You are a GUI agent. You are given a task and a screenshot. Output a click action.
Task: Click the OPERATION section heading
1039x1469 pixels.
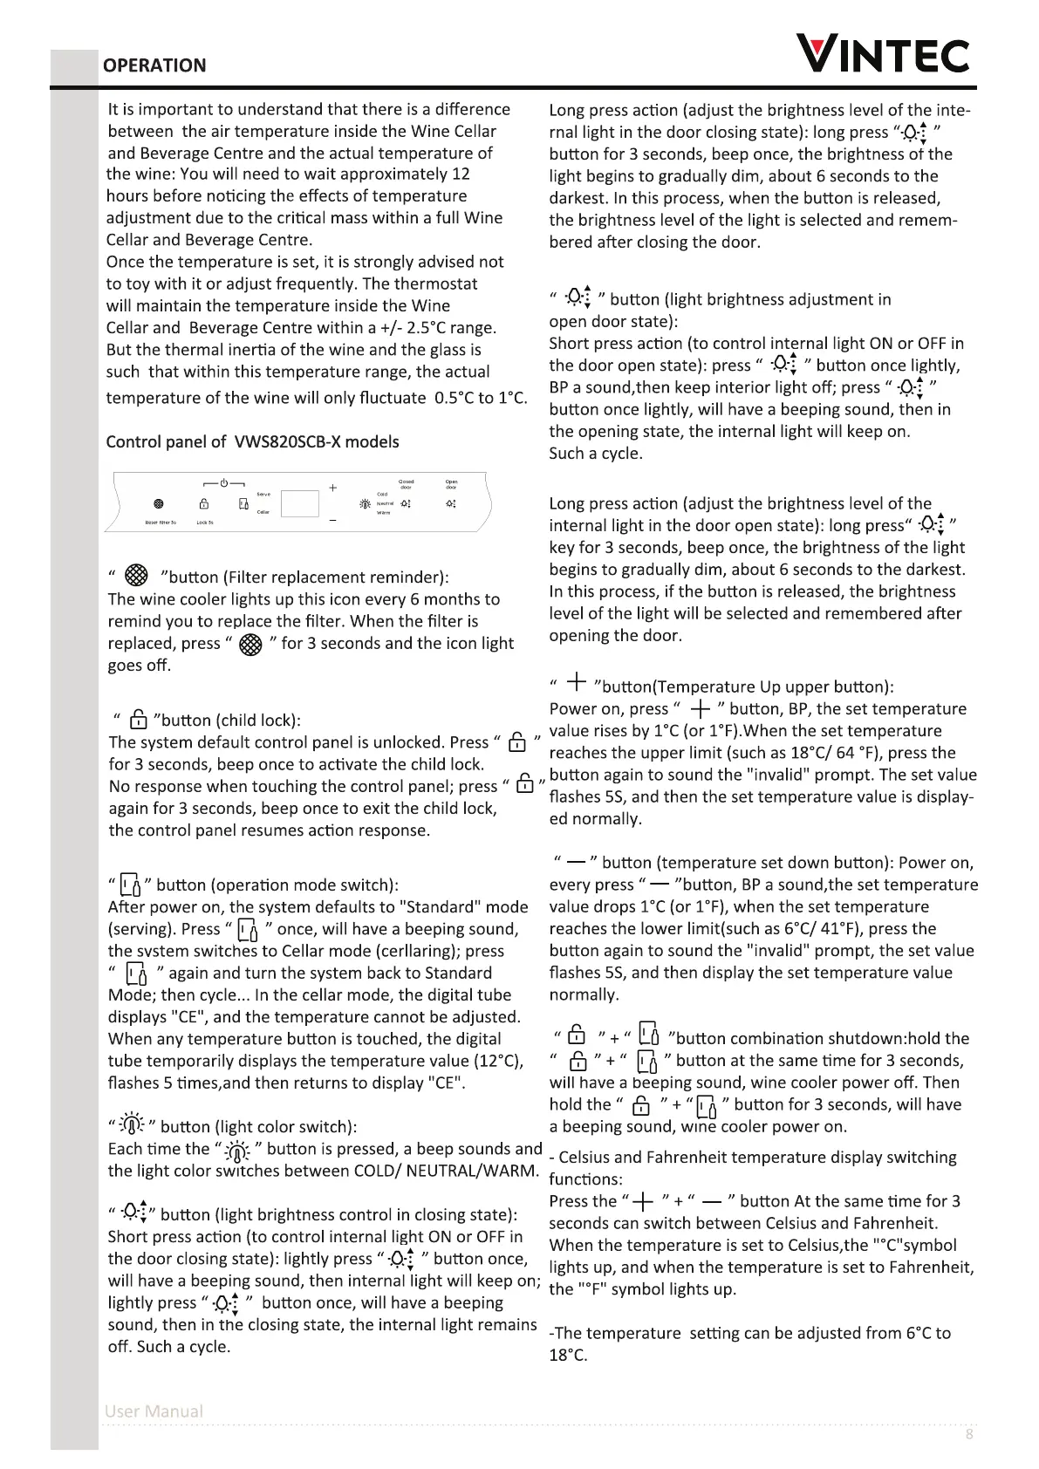pos(154,65)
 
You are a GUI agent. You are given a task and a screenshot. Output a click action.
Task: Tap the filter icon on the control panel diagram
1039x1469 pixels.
pos(158,504)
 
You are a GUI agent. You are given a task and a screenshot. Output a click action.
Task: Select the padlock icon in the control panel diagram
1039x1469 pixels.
pos(204,504)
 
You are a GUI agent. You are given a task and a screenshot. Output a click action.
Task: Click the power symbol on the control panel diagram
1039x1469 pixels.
pos(224,482)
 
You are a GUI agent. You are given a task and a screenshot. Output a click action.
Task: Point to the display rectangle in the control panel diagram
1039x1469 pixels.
pos(300,503)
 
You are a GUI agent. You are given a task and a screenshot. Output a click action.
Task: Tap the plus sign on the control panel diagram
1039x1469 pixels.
pos(332,488)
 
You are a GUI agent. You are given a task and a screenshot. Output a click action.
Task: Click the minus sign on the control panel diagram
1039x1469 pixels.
pos(332,520)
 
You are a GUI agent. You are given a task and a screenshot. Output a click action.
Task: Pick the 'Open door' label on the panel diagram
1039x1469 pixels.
pos(451,484)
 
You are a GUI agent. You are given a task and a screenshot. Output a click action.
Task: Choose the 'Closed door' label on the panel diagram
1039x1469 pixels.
pos(407,484)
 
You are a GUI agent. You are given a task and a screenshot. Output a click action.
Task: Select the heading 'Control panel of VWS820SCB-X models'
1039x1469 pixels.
pos(252,441)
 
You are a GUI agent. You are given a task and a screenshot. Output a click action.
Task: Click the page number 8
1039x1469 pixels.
pos(969,1435)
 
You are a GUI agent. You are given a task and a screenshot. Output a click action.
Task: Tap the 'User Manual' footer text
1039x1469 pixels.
pos(154,1411)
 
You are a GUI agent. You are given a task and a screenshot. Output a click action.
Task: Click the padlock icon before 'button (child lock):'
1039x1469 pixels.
pos(138,721)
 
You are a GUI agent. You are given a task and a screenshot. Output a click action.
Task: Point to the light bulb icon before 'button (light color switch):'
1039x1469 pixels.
pos(131,1124)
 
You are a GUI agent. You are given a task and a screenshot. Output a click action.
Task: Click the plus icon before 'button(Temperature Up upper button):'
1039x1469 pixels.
pos(576,683)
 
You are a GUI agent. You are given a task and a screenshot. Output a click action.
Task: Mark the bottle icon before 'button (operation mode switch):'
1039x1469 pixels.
pos(129,885)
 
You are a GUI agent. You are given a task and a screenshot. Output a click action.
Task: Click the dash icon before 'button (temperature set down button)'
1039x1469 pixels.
pos(575,863)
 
